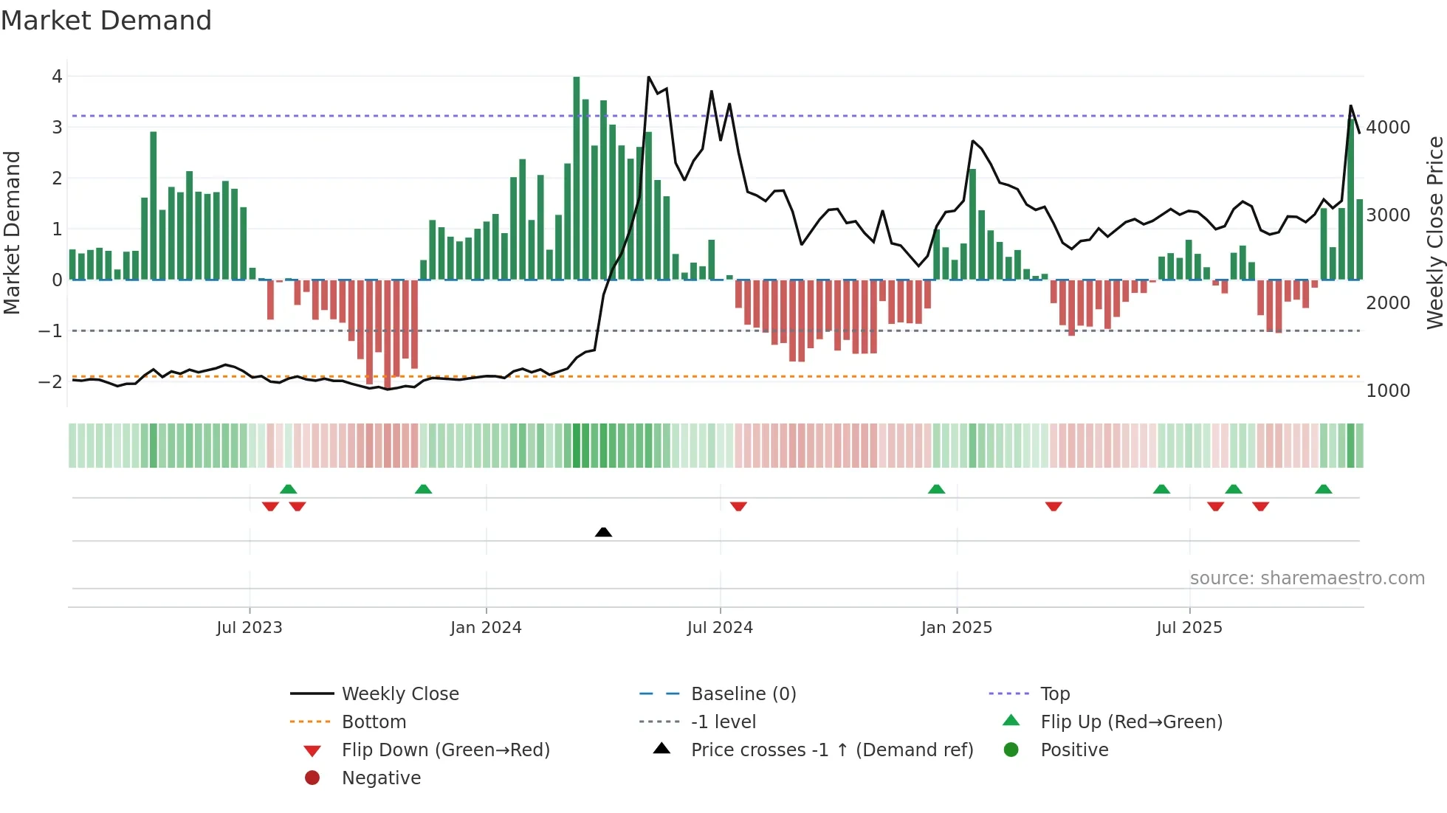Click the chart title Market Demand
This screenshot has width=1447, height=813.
tap(106, 21)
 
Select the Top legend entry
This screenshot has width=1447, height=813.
tap(1054, 694)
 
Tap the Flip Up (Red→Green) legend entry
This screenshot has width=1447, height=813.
tap(1131, 722)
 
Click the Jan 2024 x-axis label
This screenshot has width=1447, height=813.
tap(486, 628)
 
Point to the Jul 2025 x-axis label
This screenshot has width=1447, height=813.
tap(1189, 628)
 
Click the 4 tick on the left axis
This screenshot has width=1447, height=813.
tap(57, 77)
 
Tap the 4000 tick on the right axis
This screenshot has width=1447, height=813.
tap(1388, 128)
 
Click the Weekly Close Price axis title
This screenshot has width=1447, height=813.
tap(1434, 232)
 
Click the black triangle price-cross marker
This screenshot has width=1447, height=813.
tap(603, 532)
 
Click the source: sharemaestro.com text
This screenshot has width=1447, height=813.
tap(1307, 578)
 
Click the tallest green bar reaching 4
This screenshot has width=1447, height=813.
tap(577, 177)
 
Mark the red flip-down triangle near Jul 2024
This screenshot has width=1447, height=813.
tap(738, 506)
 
